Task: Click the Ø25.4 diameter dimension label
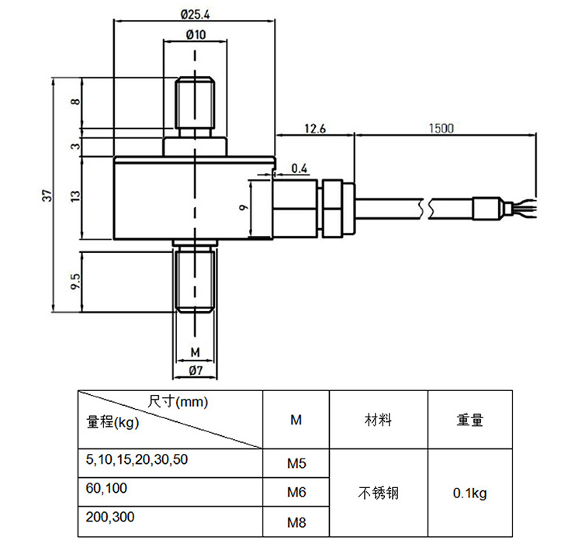[x=196, y=15]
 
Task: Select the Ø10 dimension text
[x=196, y=34]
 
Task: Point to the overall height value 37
[x=47, y=196]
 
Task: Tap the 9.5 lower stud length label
[x=75, y=282]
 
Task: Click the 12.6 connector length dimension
[x=315, y=128]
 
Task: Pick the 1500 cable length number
[x=442, y=128]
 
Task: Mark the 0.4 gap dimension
[x=300, y=168]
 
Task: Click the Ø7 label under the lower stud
[x=196, y=370]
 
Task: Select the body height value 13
[x=75, y=196]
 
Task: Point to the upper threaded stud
[x=195, y=102]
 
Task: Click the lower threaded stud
[x=195, y=281]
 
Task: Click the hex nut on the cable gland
[x=332, y=209]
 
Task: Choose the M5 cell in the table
[x=296, y=463]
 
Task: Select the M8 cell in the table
[x=296, y=522]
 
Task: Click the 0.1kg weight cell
[x=470, y=493]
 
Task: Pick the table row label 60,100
[x=106, y=488]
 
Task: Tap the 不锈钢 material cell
[x=379, y=493]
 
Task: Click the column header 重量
[x=470, y=420]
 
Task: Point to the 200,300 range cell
[x=110, y=517]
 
